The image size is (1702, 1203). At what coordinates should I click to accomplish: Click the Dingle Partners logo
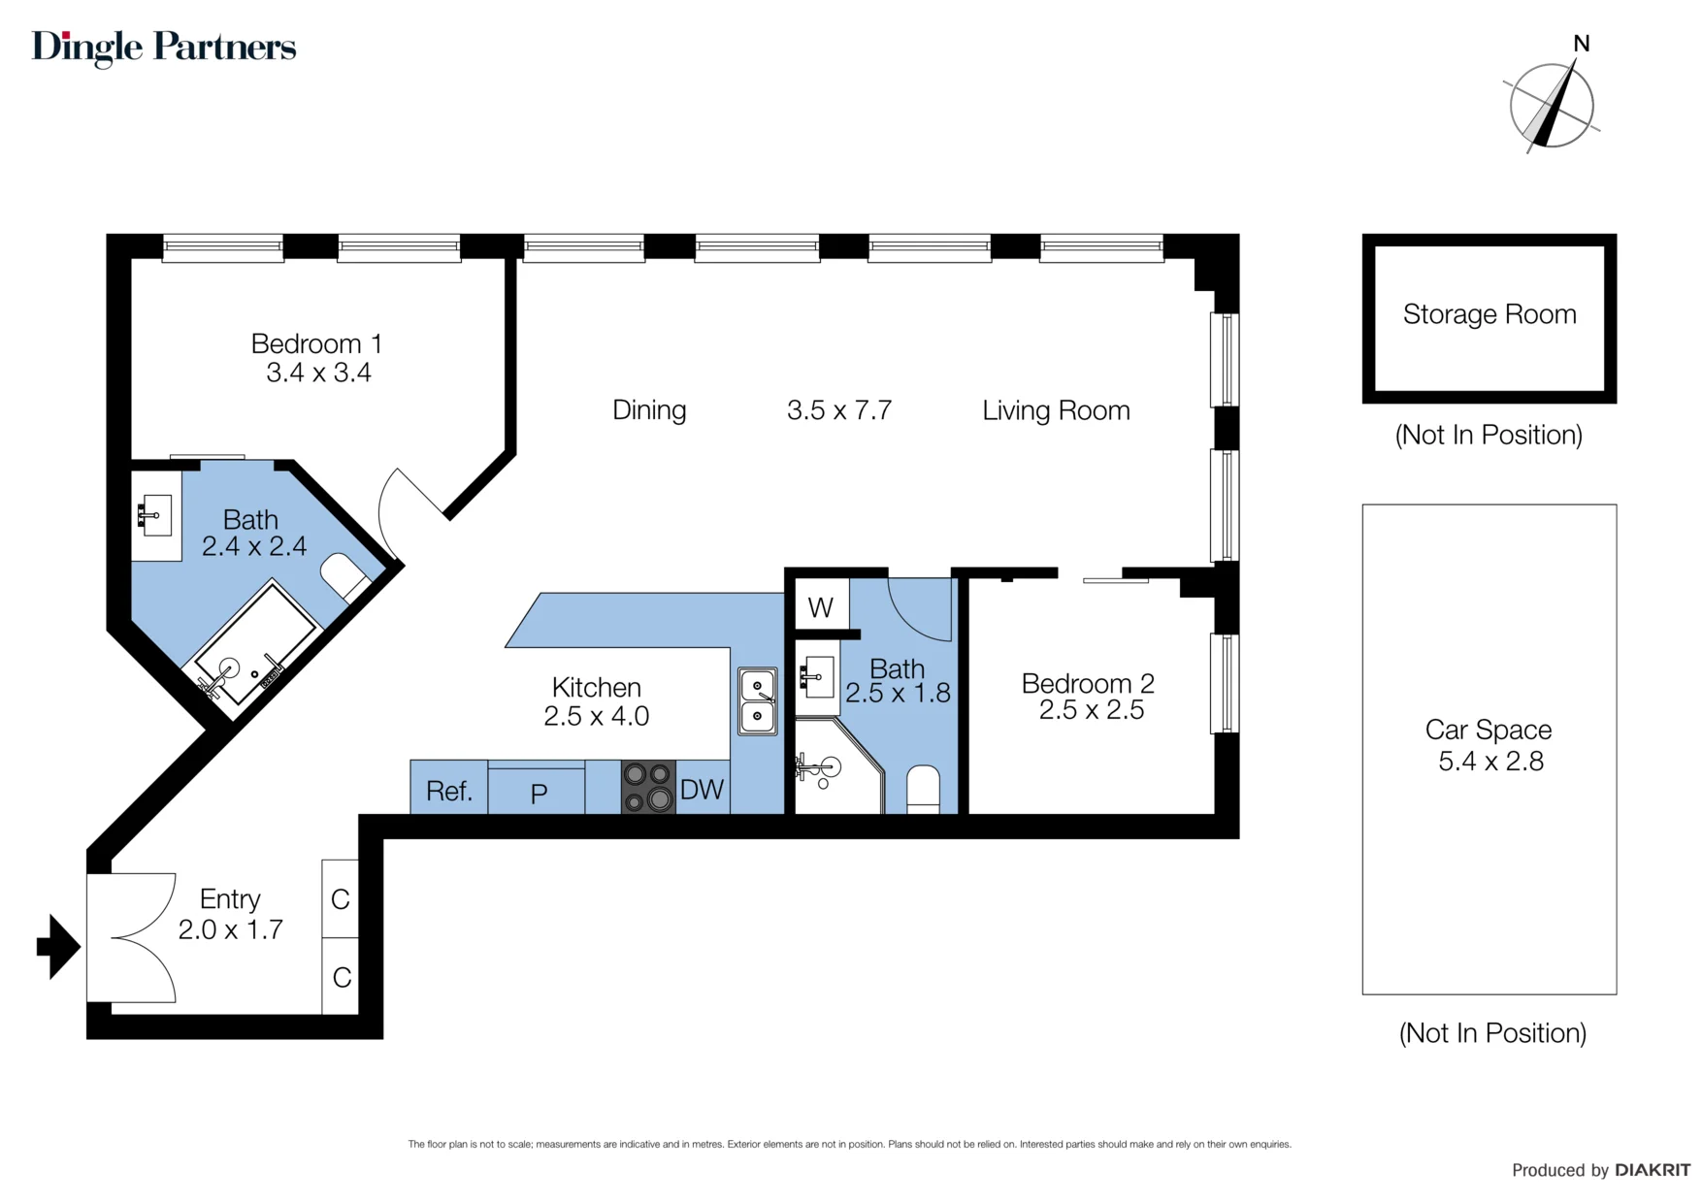pos(164,48)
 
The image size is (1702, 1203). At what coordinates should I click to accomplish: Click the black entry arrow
pos(58,947)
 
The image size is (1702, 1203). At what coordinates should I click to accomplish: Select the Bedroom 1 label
pos(316,343)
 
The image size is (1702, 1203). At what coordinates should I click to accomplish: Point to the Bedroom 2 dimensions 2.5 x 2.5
pos(1092,710)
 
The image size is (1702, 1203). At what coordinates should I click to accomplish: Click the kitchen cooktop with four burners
pos(648,786)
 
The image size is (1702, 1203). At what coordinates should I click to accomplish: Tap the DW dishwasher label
pos(702,790)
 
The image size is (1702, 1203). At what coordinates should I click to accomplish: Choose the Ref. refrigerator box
pos(448,787)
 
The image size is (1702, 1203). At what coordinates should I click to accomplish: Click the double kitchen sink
pos(758,700)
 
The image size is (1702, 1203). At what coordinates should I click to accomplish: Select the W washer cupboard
pos(821,606)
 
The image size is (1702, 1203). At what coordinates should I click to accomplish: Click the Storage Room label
pos(1489,314)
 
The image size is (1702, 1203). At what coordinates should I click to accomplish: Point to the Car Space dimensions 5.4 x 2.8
pos(1490,762)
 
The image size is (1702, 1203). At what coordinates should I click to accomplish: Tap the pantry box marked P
pos(537,791)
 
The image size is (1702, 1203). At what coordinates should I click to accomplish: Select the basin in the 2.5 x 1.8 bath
pos(816,676)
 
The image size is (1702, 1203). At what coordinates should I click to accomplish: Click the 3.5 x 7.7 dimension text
pos(839,410)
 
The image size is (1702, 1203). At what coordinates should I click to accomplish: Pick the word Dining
pos(649,410)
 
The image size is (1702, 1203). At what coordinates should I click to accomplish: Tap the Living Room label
pos(1056,410)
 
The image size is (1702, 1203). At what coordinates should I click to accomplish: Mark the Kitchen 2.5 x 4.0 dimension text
pos(596,716)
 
